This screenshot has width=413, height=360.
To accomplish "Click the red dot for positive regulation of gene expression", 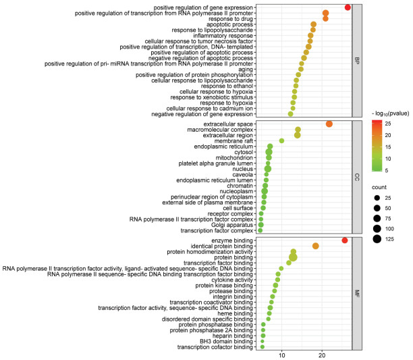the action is pos(348,7).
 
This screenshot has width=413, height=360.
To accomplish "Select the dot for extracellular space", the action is pos(329,124).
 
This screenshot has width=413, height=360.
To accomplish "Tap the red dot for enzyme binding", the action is pos(345,240).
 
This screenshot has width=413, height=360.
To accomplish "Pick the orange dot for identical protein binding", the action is pos(316,246).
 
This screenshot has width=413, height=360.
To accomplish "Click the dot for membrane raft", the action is pos(281,140).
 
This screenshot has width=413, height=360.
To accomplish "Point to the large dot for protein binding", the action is pos(293,257).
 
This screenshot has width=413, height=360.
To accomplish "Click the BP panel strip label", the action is pos(357,61).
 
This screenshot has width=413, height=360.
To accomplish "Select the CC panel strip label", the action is pos(357,177).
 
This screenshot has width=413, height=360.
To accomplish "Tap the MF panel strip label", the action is pos(357,293).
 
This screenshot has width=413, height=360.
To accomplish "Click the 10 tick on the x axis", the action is pos(282,355).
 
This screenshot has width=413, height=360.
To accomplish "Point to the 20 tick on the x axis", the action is pos(322,355).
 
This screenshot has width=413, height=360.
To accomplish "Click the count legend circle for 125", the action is pos(377,239).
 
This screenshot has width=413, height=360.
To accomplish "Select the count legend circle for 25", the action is pos(377,198).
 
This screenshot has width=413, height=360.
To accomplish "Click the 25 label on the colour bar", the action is pos(388,124).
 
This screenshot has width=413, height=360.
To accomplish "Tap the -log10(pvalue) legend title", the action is pos(390,113).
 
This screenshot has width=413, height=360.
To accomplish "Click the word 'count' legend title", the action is pos(379,187).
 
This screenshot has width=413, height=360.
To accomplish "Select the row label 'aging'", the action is pos(246,70).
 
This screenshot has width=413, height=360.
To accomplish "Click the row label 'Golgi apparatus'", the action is pos(231,225).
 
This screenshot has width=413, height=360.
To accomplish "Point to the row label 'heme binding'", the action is pos(236,313).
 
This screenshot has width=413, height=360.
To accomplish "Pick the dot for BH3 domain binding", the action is pos(262,341).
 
